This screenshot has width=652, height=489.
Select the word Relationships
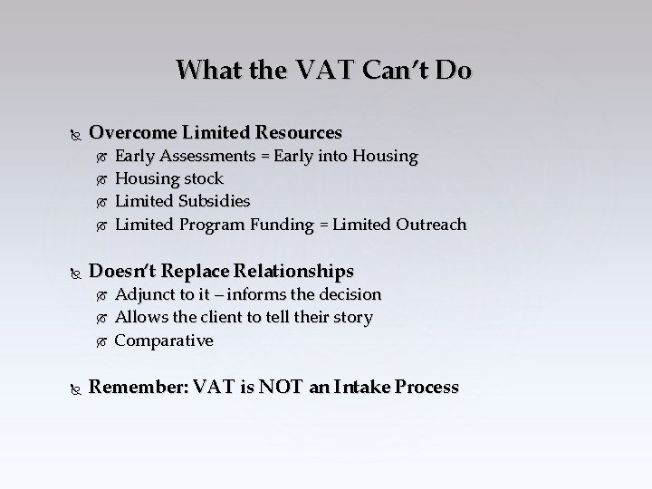292,271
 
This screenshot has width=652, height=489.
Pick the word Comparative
164,340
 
